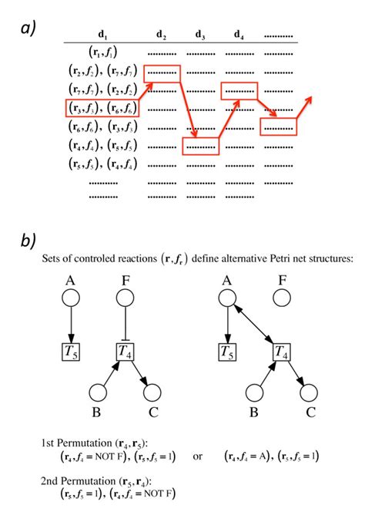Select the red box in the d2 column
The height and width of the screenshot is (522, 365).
coord(161,72)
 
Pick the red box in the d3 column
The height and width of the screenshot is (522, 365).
coord(200,146)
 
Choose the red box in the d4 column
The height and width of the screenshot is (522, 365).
coord(240,90)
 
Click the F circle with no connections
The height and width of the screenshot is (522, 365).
coord(283,297)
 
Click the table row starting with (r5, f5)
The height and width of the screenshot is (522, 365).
coord(102,164)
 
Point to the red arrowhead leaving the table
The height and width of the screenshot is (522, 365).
coord(310,99)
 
